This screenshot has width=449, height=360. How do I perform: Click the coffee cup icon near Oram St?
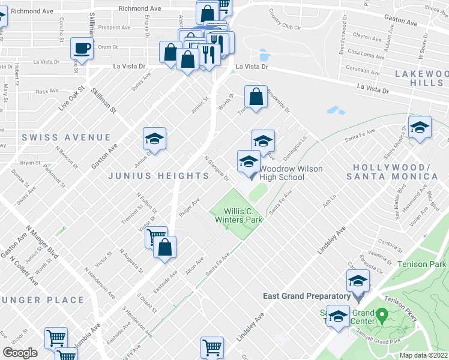[x=81, y=48]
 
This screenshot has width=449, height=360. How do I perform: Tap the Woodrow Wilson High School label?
[x=290, y=173]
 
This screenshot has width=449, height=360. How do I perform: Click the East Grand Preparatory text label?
[x=306, y=296]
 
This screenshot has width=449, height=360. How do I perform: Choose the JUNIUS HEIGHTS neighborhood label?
[x=158, y=176]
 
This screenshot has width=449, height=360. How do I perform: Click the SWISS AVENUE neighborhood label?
[x=66, y=137]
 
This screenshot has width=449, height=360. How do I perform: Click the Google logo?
[x=20, y=353]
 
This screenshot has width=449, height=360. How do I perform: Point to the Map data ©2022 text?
[x=423, y=355]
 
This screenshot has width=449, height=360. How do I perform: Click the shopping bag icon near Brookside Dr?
[x=256, y=97]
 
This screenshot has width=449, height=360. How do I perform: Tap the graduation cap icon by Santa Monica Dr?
[x=420, y=127]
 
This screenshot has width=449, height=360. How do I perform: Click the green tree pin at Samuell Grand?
[x=381, y=314]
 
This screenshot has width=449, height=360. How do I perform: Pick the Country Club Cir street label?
[x=285, y=19]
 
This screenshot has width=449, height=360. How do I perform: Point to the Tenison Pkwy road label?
[x=400, y=307]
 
